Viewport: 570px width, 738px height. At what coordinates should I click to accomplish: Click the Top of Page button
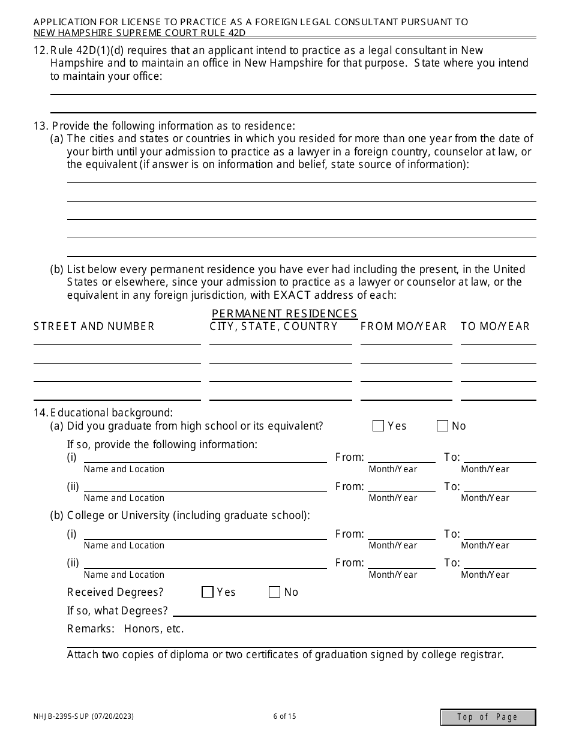click(488, 717)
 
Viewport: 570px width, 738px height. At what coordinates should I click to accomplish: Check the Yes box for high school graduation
click(378, 426)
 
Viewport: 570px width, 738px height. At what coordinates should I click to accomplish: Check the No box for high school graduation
click(443, 426)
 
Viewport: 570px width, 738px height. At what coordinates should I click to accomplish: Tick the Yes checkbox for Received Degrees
click(208, 592)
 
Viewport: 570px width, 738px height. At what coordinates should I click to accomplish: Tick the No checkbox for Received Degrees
click(275, 592)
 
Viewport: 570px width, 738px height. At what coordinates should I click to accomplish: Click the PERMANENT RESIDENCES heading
click(284, 314)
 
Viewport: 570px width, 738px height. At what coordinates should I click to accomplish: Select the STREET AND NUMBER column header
click(94, 326)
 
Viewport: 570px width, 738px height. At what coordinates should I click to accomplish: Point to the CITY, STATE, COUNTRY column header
click(274, 326)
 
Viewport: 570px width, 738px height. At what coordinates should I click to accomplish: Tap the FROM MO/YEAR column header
click(404, 326)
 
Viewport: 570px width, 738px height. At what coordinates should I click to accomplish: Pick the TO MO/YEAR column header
click(495, 326)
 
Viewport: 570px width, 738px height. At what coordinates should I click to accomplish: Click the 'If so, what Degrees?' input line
click(354, 611)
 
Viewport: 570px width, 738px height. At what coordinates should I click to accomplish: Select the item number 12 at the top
click(40, 50)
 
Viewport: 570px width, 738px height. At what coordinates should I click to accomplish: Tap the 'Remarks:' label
click(91, 629)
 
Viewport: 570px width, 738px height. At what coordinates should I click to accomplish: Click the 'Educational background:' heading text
click(112, 413)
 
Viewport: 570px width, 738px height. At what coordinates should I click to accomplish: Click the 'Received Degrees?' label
click(115, 592)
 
